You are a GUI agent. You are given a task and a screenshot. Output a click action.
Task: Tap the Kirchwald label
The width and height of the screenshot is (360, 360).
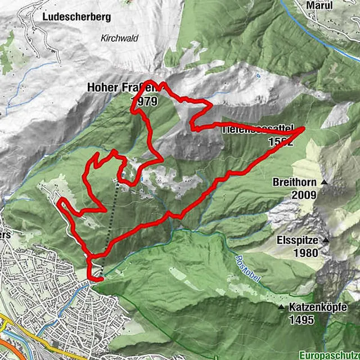pyautogui.click(x=119, y=38)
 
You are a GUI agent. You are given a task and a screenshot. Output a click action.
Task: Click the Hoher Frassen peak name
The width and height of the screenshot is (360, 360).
pyautogui.click(x=118, y=88)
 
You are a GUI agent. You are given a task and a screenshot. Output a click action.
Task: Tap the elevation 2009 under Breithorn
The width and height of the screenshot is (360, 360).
pyautogui.click(x=304, y=195)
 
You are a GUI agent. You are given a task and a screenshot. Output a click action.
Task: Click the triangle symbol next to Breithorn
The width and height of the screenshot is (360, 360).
pyautogui.click(x=324, y=183)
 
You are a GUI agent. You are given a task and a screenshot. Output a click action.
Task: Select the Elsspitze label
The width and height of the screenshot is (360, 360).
pyautogui.click(x=297, y=240)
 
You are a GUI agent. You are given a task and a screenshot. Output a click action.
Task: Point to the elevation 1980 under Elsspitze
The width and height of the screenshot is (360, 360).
pyautogui.click(x=305, y=253)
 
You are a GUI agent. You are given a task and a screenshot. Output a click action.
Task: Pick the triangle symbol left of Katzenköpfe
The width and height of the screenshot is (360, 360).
pyautogui.click(x=281, y=307)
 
